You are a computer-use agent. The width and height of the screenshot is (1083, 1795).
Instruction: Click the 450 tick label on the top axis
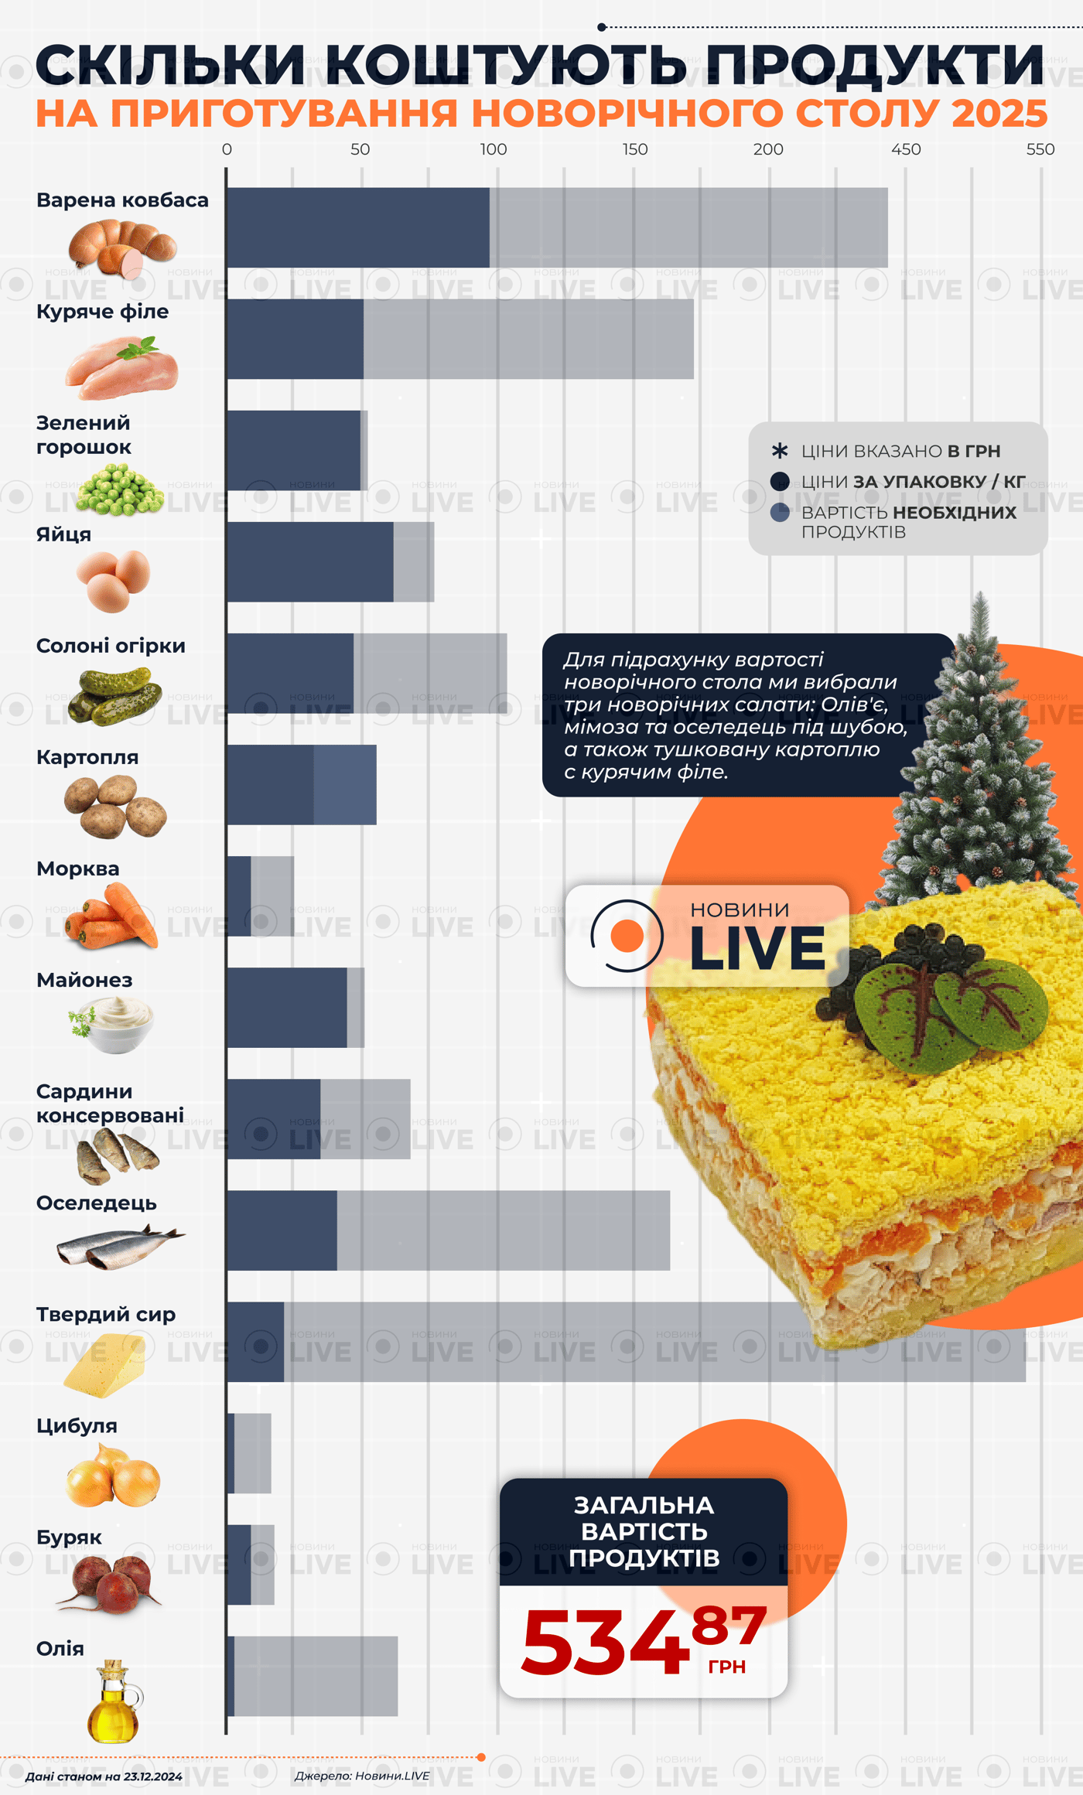[905, 149]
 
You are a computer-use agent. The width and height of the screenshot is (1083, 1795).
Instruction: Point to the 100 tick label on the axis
[493, 149]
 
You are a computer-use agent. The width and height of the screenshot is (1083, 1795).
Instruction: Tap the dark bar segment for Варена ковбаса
[357, 227]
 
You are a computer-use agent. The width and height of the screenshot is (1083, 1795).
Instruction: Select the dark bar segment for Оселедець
[282, 1230]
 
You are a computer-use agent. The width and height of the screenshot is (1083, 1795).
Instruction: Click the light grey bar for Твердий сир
[654, 1342]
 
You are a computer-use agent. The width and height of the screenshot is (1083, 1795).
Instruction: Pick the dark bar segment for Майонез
[286, 1007]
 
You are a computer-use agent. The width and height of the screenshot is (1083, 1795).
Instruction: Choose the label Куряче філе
[102, 312]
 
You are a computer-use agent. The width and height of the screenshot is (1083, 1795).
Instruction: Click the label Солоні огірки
[111, 646]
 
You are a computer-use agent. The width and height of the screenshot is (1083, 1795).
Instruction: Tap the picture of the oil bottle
[113, 1701]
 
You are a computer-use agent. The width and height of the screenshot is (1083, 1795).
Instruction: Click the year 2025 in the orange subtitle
[999, 114]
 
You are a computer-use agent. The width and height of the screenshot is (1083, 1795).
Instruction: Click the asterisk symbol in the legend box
[780, 451]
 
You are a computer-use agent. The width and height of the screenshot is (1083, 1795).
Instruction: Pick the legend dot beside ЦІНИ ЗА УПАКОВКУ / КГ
[780, 482]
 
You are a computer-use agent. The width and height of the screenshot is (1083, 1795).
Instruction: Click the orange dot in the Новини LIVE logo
[627, 936]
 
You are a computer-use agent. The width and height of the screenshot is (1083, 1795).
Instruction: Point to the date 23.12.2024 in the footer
[152, 1776]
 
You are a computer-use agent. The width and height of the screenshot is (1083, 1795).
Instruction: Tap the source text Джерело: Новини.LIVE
[361, 1776]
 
